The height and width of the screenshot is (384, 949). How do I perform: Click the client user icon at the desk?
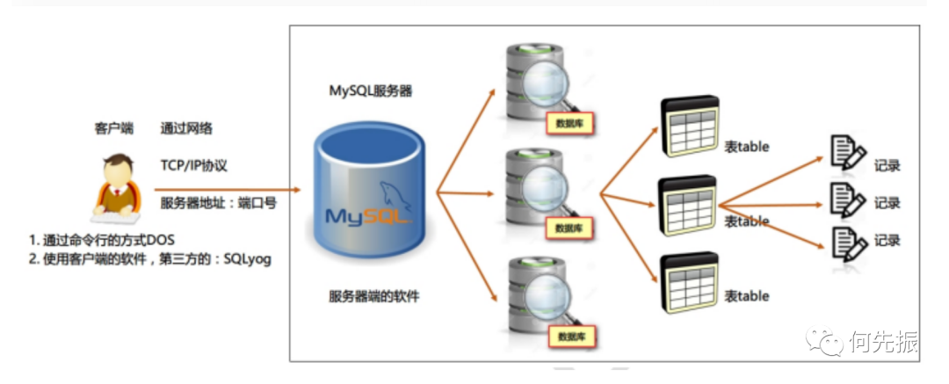click(117, 185)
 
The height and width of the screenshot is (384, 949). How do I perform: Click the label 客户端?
click(113, 128)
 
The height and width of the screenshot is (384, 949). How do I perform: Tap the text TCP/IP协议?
click(194, 165)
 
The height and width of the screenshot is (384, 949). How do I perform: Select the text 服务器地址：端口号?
click(219, 203)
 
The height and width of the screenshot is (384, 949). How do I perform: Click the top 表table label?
click(747, 147)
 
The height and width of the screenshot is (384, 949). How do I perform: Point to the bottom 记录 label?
click(887, 240)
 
